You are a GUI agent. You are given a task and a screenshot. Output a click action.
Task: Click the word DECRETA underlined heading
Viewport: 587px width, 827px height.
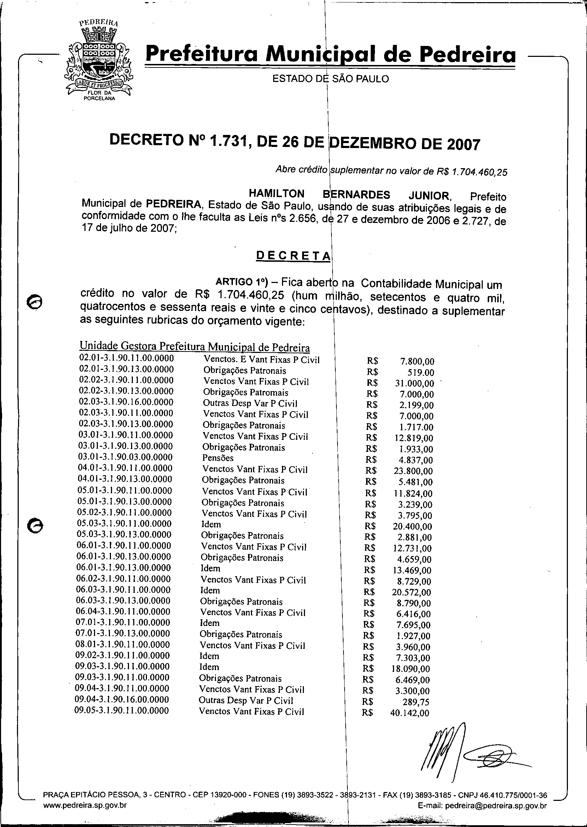click(x=293, y=255)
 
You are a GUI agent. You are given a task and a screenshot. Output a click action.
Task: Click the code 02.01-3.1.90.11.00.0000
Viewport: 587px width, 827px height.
click(x=126, y=359)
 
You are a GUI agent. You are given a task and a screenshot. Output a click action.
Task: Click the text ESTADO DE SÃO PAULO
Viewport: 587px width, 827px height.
click(x=330, y=79)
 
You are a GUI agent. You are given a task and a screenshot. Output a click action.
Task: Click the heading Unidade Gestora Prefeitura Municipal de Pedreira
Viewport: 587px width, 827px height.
click(x=194, y=346)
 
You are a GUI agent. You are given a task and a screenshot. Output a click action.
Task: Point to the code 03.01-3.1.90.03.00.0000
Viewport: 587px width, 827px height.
click(x=125, y=457)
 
